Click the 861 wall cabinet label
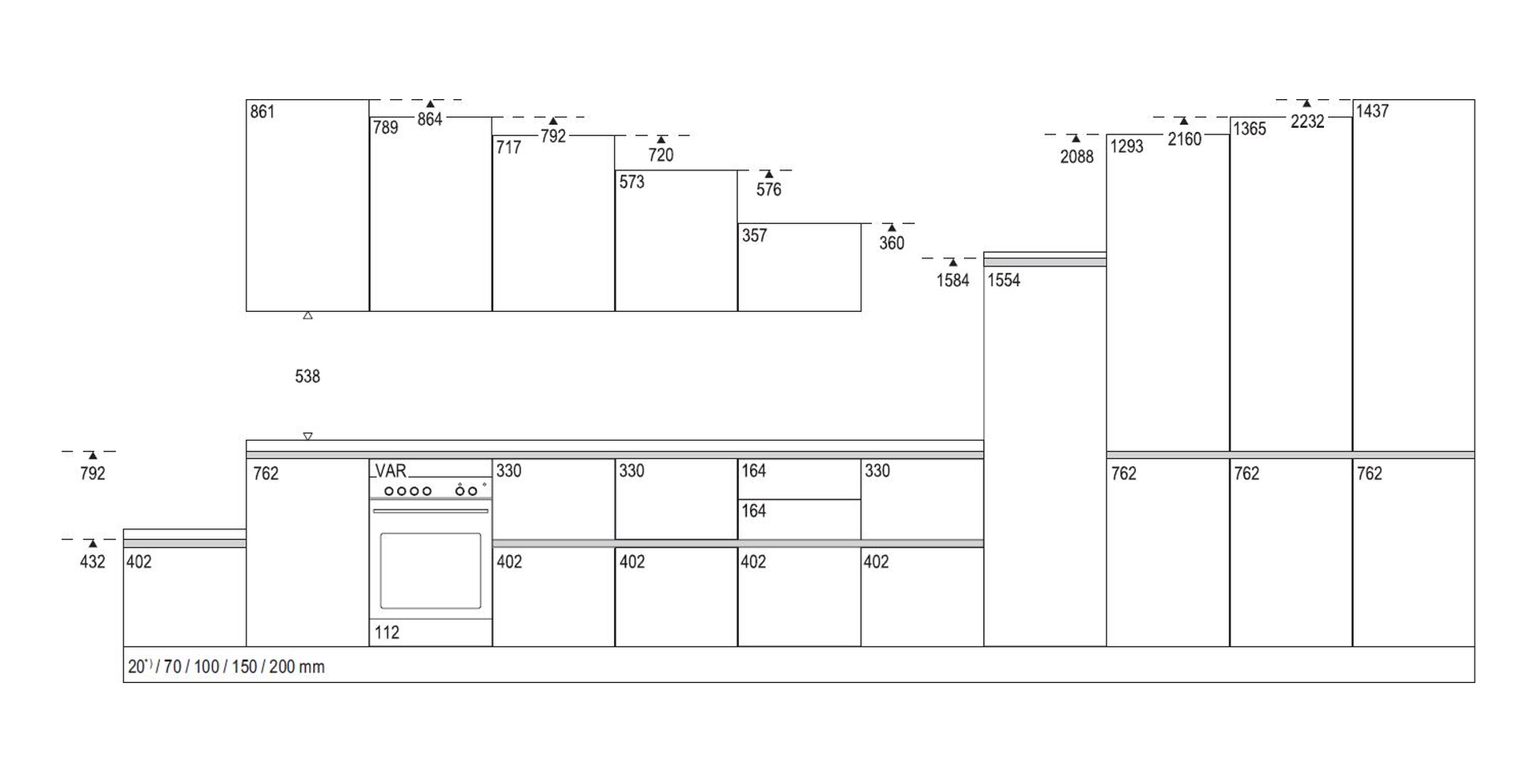tap(263, 112)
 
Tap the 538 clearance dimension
tap(307, 377)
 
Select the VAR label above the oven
tap(391, 470)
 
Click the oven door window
tap(431, 571)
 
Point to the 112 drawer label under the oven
tap(387, 633)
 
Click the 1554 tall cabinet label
tap(1004, 281)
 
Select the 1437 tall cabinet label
tap(1372, 112)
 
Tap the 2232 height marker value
tap(1307, 122)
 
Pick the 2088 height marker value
tap(1077, 157)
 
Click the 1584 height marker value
tap(953, 281)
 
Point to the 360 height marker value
tap(892, 243)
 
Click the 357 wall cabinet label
tap(755, 236)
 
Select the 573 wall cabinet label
tap(632, 182)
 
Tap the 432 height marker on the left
tap(93, 562)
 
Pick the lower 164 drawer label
tap(754, 511)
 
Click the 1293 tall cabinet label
tap(1127, 147)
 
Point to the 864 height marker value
tap(430, 120)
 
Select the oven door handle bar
tap(431, 511)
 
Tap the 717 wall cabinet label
tap(508, 148)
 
